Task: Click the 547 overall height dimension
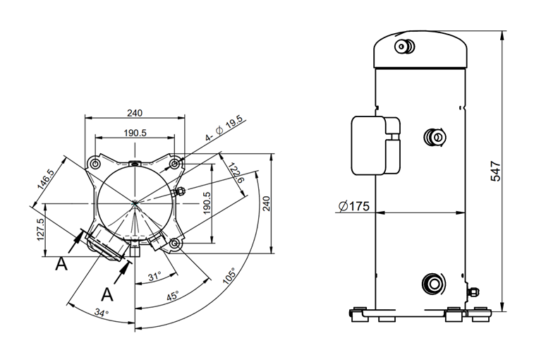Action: tap(495, 171)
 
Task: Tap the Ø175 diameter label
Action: tap(354, 206)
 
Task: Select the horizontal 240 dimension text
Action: tap(135, 113)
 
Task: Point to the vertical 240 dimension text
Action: tap(266, 203)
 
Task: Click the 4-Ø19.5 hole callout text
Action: tap(224, 128)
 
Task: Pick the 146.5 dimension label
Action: tap(46, 179)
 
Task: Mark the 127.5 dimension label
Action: tap(40, 229)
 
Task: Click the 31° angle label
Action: tap(154, 277)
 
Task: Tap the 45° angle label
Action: tap(173, 296)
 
